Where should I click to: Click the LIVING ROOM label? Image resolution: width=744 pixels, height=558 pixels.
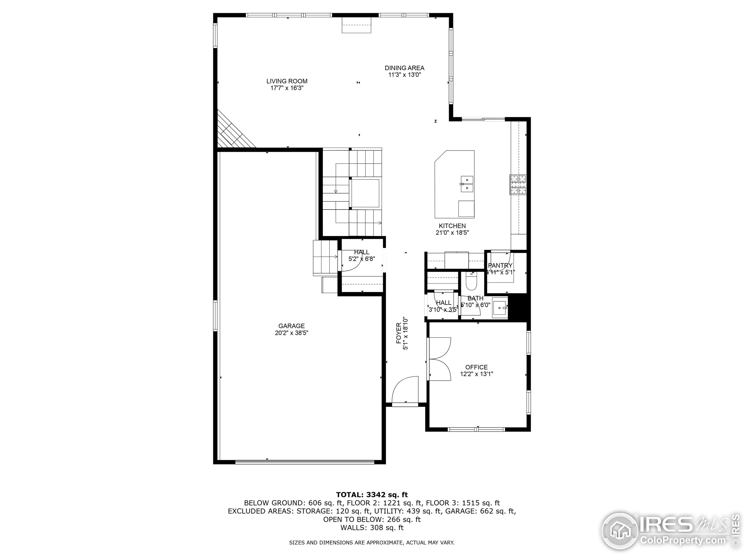[287, 81]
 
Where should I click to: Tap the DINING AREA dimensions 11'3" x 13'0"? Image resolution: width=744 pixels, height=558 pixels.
[405, 75]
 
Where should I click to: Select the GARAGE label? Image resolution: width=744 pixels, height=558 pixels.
[291, 325]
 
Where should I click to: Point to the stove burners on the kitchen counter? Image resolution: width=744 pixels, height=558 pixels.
[518, 184]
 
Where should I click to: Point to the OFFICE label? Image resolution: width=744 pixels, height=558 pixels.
[476, 367]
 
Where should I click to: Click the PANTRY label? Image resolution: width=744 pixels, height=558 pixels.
[500, 265]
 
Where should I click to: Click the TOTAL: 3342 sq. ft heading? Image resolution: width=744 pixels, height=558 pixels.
[372, 494]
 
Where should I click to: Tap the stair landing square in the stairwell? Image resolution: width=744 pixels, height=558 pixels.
[365, 193]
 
